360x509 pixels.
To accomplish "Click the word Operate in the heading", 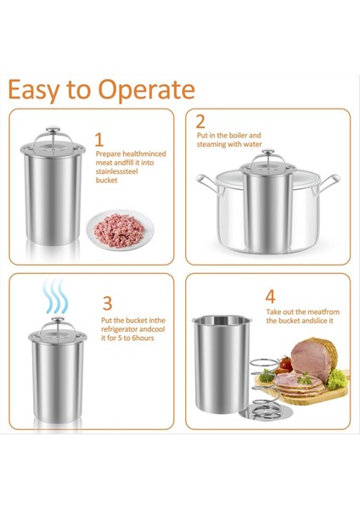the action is pos(147,90).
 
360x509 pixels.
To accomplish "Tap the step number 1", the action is pos(99,140).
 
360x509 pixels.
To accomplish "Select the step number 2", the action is pos(200,121).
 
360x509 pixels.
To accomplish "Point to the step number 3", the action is pos(107,303).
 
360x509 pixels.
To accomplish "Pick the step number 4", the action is pos(270,296).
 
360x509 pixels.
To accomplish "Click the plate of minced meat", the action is pos(120,230).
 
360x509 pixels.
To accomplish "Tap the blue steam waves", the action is pos(56,296).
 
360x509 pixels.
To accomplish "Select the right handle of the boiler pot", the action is pos(329,182).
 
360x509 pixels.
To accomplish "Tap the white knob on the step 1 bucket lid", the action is pos(53,129).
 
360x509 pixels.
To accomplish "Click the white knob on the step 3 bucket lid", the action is pos(58,319).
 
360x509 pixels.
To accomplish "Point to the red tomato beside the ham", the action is pos(285,364).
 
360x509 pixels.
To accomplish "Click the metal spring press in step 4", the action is pos(265,389).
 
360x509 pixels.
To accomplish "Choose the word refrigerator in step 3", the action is pos(120,329).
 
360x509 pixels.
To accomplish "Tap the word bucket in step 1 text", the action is pos(107,180).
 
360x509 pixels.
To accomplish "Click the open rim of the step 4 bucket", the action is pos(222,320).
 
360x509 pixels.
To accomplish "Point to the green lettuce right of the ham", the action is pos(337,379).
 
